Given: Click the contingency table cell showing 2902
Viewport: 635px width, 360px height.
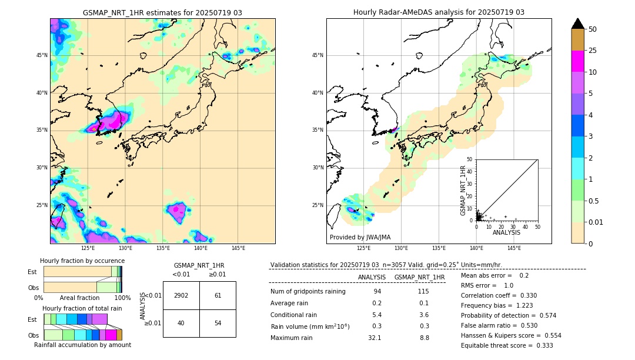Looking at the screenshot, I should click(181, 295).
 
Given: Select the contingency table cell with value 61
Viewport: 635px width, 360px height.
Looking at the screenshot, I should click(218, 295).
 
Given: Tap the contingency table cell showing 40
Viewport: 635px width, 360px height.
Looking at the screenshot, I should click(181, 323).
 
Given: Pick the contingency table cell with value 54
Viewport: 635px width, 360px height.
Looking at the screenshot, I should click(218, 323).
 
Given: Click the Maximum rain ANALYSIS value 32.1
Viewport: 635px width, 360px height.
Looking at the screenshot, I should click(375, 338).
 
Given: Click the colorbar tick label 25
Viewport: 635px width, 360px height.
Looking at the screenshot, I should click(593, 51).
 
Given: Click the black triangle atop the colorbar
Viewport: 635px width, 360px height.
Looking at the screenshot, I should click(578, 24).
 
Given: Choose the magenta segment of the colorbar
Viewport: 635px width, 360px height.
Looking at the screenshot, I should click(578, 61).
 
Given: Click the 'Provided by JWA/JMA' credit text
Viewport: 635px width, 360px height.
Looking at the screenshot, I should click(360, 238).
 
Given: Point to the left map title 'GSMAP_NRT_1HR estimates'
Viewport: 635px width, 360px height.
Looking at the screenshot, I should click(162, 12).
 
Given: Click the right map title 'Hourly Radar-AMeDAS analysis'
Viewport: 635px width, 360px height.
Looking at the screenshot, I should click(439, 12).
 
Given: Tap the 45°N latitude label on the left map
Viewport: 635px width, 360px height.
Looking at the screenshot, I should click(42, 55).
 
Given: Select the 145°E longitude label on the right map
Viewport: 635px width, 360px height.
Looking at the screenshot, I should click(514, 248).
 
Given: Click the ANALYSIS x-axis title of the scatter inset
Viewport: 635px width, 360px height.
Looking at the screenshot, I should click(506, 233).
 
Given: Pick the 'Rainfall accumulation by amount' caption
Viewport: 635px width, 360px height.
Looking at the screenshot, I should click(83, 345).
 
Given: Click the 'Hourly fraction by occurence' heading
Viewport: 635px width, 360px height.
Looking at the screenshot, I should click(82, 261).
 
